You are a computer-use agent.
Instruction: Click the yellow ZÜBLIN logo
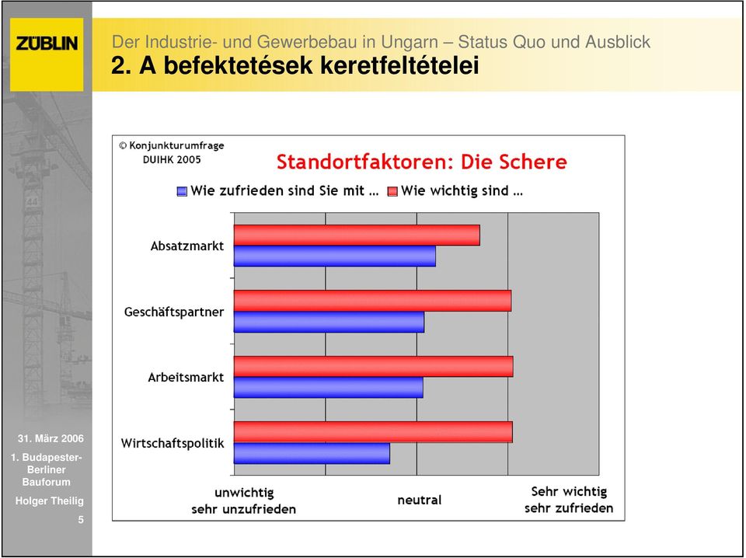tap(47, 54)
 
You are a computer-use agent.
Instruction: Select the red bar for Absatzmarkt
tap(357, 235)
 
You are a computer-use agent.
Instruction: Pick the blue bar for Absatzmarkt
tap(334, 256)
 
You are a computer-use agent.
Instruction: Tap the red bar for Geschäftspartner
tap(372, 301)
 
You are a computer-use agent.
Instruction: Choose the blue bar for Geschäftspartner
tap(329, 322)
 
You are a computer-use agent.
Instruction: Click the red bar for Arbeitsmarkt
tap(374, 366)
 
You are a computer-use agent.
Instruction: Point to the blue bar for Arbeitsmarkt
tap(328, 388)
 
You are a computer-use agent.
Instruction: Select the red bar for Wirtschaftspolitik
tap(373, 432)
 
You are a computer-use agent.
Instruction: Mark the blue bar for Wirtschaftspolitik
tap(312, 453)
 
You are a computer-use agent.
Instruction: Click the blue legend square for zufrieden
tap(182, 191)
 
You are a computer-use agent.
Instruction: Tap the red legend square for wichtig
tap(392, 191)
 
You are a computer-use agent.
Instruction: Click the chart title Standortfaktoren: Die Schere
tap(421, 162)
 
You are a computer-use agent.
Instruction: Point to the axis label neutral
tap(419, 500)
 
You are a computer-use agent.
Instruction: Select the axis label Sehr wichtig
tap(569, 491)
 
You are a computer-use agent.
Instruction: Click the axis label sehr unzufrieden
tap(243, 510)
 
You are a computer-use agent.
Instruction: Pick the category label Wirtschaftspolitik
tap(173, 443)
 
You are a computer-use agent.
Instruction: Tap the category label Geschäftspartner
tap(173, 312)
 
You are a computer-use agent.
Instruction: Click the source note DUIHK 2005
tap(172, 160)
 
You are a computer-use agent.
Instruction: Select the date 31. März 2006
tap(51, 438)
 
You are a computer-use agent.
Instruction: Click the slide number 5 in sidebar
tap(81, 519)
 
